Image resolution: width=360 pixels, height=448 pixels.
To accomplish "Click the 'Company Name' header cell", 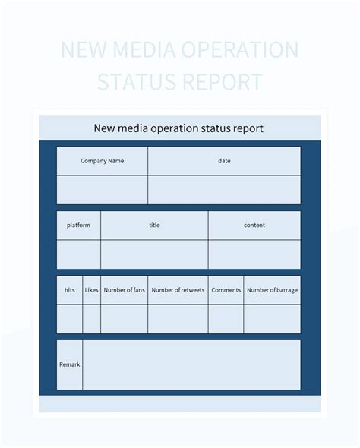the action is coord(102,161).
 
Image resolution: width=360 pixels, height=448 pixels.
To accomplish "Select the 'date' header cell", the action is coord(224,161).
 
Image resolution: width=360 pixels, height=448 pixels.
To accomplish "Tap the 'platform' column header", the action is coord(78,226).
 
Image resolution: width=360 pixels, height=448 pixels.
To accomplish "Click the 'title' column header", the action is coord(154,226).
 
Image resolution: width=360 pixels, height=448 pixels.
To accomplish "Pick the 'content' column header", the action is coord(254,226).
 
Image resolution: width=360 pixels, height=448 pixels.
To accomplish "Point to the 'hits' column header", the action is coord(70,290).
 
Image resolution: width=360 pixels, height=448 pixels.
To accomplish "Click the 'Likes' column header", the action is coord(92,290).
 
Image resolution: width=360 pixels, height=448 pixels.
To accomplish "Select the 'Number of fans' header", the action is coord(125,290).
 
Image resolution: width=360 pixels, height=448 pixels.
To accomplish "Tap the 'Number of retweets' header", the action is coord(178,290).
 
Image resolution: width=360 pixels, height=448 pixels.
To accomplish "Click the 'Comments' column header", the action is coord(226,290).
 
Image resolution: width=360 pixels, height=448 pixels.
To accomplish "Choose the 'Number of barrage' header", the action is coord(272,290).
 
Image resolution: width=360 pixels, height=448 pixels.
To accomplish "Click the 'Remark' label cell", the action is coord(69,365).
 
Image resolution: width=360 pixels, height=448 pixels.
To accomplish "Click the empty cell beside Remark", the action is coord(191,365).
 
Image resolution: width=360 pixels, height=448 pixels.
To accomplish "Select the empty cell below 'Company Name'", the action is coord(102,190).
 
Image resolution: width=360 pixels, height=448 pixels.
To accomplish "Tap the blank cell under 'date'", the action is coord(224,190).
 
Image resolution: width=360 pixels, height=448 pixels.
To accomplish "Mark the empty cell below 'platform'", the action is coord(78,254).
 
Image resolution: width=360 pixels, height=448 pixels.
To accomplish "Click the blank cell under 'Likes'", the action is coord(92,319).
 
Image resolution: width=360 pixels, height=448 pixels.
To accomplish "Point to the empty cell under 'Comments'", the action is coord(226,319).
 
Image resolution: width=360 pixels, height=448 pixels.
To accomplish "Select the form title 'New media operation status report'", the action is coord(178,128).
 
